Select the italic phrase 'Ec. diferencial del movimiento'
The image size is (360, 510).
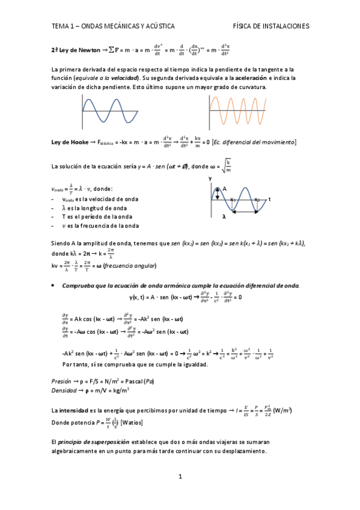pos(254,143)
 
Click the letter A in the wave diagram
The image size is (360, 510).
pos(225,189)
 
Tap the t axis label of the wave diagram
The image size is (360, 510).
pos(270,199)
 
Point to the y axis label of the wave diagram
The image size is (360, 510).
pos(210,179)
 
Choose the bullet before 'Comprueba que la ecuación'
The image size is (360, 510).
pos(54,285)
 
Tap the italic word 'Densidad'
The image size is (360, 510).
pos(65,390)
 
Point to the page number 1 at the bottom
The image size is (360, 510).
pos(180,477)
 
